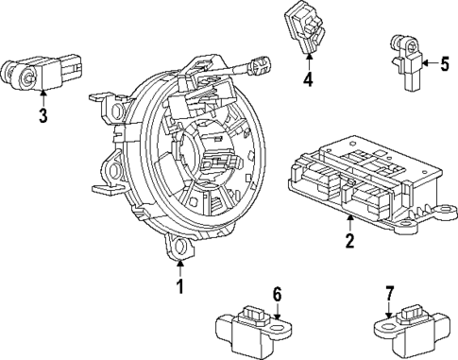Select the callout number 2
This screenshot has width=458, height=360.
coord(349,242)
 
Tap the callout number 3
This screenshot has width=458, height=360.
coord(42,116)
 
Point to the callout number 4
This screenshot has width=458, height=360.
coord(307,79)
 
